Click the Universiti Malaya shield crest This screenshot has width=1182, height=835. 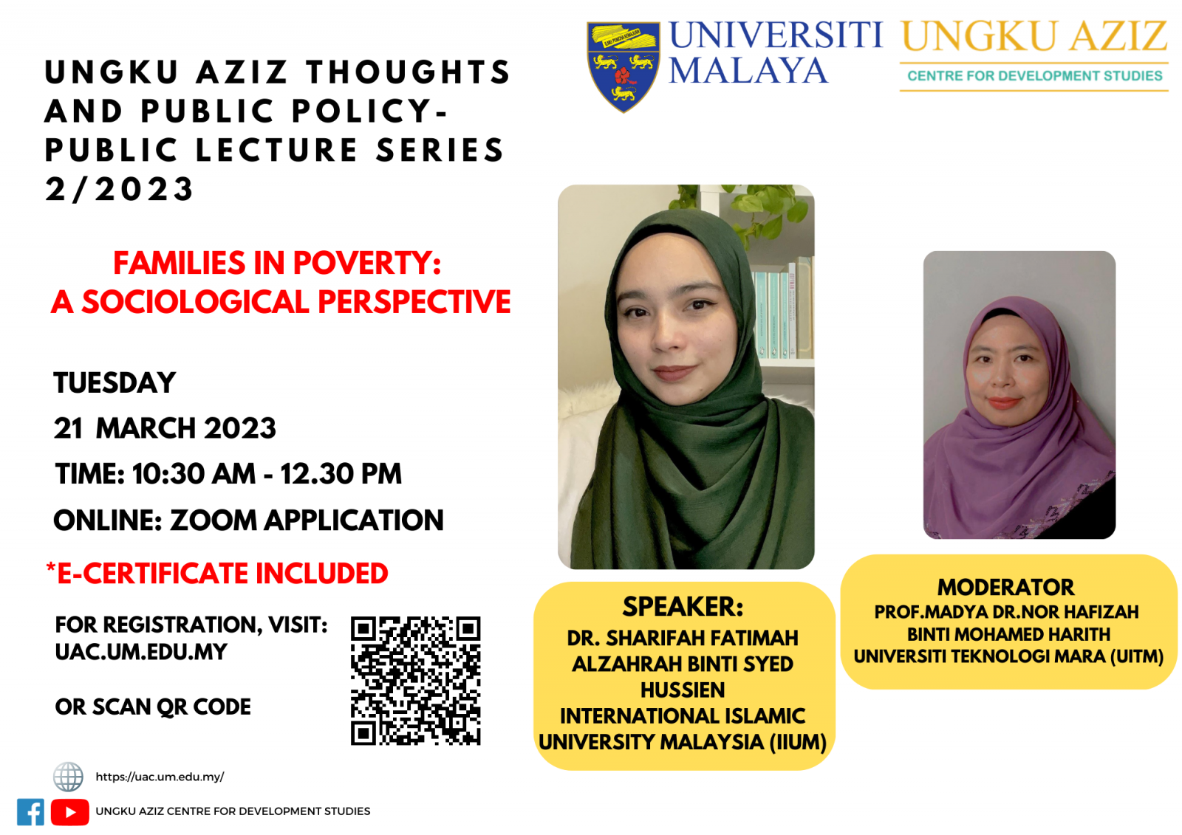click(x=624, y=66)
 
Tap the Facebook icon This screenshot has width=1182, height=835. click(x=30, y=811)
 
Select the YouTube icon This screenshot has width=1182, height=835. click(x=69, y=812)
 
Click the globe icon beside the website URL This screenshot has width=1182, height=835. click(x=68, y=777)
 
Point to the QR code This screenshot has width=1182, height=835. click(x=415, y=681)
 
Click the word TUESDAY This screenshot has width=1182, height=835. click(x=115, y=383)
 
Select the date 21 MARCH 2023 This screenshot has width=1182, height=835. click(x=165, y=427)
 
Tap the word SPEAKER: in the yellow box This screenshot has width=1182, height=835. click(x=683, y=607)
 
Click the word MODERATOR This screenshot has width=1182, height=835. click(x=1005, y=587)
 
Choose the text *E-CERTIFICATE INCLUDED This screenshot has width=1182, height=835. click(x=217, y=573)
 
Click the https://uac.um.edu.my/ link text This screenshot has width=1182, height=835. click(x=160, y=777)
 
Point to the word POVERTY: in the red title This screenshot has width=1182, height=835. click(x=366, y=263)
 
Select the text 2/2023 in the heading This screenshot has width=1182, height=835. click(x=119, y=189)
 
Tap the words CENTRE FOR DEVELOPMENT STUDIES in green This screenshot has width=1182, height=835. click(x=1035, y=76)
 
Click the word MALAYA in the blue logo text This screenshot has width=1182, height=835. click(x=748, y=70)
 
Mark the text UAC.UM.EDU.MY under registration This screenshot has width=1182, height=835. click(x=141, y=652)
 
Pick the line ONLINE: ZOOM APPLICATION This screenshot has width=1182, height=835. click(x=248, y=520)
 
